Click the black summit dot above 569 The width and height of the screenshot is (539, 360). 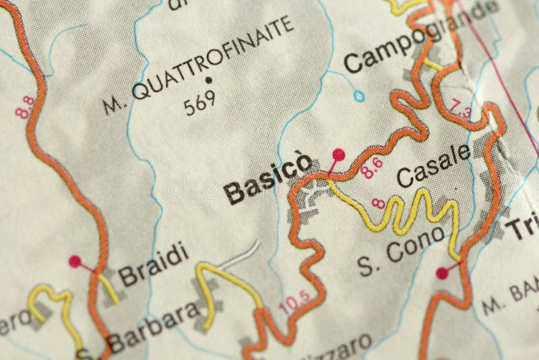click(209, 80)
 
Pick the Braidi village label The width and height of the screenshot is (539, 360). click(152, 265)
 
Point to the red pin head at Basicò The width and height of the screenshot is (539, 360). click(338, 155)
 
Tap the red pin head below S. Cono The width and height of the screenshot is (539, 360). click(441, 272)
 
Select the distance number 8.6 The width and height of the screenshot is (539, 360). click(371, 167)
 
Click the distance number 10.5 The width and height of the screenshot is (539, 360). click(294, 301)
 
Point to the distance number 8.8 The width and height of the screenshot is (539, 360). click(26, 107)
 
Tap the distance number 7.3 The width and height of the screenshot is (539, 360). click(462, 109)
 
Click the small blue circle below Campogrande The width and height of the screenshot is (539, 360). click(359, 96)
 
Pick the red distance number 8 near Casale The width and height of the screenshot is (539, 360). click(379, 202)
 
